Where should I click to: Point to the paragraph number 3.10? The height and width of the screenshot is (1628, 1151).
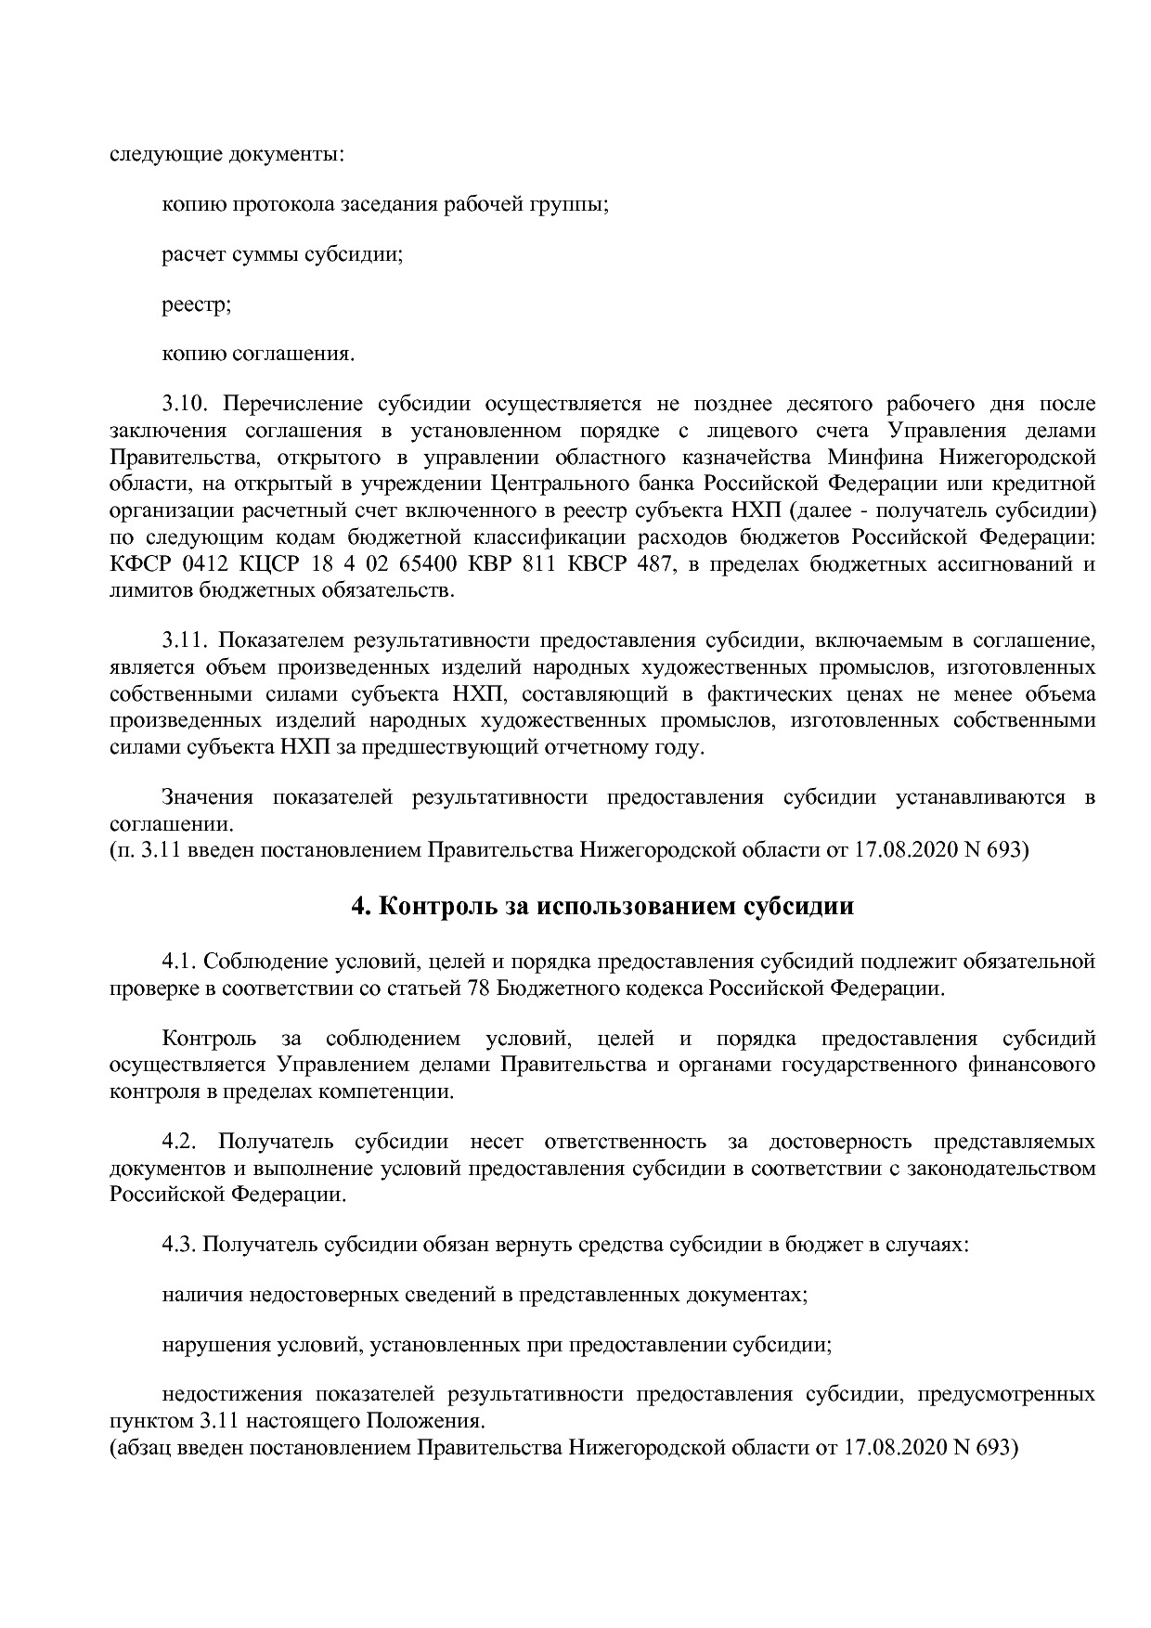(188, 405)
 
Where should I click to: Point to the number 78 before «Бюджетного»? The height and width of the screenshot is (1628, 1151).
(476, 988)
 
